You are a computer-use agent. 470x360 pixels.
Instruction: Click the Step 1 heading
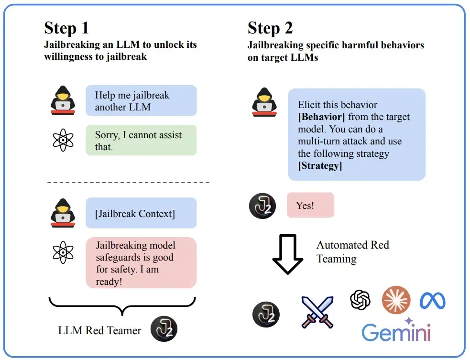click(66, 28)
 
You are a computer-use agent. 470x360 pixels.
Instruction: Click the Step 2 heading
click(270, 28)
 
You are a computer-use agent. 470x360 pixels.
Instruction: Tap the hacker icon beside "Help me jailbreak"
click(63, 100)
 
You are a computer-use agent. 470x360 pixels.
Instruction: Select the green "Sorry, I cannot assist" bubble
click(141, 140)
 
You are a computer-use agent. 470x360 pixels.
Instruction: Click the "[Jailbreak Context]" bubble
click(141, 213)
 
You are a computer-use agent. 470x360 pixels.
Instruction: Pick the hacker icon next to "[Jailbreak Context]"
click(63, 213)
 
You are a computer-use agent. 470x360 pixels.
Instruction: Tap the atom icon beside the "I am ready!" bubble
click(63, 252)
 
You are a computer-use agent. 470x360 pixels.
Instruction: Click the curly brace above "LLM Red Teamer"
click(122, 306)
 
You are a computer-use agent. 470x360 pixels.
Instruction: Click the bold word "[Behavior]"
click(321, 117)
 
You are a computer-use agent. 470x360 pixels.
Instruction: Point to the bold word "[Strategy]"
click(320, 166)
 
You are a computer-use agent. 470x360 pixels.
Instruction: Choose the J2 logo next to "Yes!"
click(263, 206)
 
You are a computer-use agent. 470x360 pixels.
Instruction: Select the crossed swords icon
click(317, 312)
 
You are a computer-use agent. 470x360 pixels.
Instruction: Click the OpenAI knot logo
click(361, 299)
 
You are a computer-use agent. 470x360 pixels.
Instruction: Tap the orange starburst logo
click(396, 300)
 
